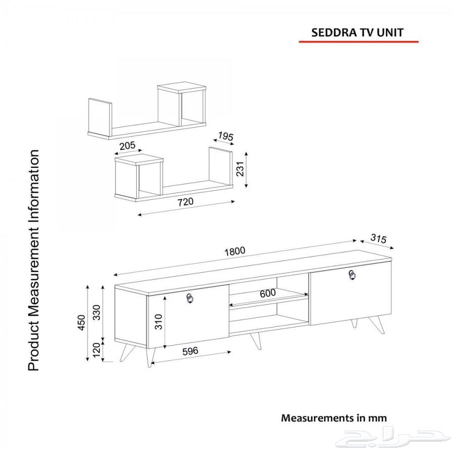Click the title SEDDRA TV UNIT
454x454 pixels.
357,32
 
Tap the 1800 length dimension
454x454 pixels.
235,251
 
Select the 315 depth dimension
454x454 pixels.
378,238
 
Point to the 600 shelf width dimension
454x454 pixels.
268,293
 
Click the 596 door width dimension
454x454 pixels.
190,351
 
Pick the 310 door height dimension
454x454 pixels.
158,322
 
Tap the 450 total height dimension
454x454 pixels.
82,322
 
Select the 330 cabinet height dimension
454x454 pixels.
96,312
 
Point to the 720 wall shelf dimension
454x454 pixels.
185,202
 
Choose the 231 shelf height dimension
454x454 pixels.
240,169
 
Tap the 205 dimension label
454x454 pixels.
128,145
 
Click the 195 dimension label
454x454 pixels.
225,136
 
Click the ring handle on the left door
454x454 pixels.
190,298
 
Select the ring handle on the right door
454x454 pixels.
352,275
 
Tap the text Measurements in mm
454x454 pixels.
334,418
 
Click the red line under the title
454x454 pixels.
359,42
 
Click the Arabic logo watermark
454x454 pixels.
389,437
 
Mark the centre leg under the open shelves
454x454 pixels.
256,340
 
